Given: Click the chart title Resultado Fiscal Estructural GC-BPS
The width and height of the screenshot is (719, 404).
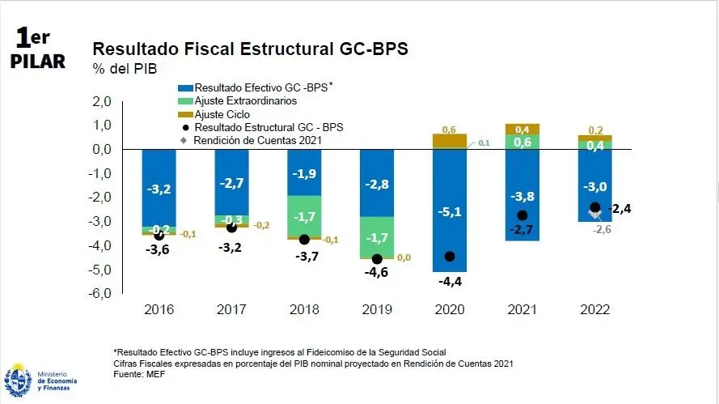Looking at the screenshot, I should pos(251,48).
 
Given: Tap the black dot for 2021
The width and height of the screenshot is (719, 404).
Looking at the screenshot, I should pos(522,215).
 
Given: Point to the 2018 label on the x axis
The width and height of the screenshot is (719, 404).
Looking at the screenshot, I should pos(303,310).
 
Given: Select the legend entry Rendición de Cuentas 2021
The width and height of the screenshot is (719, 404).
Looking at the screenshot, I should pos(256,140).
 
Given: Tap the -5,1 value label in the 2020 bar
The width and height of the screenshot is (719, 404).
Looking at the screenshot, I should pos(449,213).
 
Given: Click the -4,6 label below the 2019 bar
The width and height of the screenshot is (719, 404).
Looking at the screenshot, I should pos(376,274).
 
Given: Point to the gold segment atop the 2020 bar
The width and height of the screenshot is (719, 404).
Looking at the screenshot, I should pos(449,141).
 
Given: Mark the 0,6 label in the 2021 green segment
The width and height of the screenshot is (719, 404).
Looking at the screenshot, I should pos(522,142).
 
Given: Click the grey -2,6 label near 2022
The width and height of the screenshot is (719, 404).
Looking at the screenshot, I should pos(603,229).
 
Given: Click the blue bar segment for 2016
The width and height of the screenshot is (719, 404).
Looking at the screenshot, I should pos(159,188).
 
